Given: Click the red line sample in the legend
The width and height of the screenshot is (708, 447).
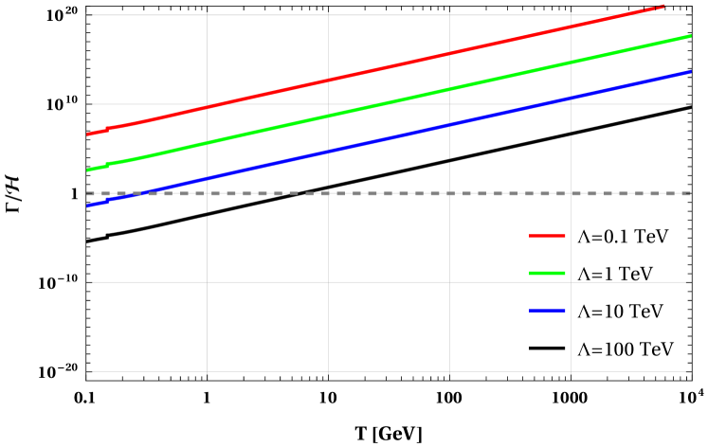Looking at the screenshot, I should point(547,236).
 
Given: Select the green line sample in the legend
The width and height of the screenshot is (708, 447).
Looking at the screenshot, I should point(547,273).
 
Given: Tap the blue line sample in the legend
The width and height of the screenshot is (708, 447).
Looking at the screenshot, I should point(547,310).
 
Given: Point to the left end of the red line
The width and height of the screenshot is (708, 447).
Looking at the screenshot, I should point(87,134).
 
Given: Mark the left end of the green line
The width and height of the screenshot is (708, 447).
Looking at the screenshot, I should point(87,170).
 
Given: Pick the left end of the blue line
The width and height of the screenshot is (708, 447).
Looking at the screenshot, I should point(87,206).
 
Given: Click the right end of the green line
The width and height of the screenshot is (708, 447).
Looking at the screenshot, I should point(691,36).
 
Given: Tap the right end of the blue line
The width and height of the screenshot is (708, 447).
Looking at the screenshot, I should point(691,71).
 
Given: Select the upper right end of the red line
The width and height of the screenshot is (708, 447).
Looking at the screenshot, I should point(664,6).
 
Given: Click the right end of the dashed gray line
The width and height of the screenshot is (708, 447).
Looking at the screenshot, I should point(691,193).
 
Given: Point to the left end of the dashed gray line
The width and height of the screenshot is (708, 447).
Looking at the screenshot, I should point(87,193).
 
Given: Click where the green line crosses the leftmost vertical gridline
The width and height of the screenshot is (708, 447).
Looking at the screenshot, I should point(207,143).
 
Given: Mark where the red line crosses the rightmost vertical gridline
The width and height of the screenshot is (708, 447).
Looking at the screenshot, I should point(571,27).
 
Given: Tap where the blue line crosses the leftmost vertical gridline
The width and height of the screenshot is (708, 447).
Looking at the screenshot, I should point(207,178).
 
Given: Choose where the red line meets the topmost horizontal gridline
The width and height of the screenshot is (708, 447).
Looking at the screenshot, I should point(622,15).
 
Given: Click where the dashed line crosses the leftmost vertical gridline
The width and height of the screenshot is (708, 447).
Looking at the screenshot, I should point(207,193).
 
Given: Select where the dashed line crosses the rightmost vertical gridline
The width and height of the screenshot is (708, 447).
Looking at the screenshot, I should point(571,193).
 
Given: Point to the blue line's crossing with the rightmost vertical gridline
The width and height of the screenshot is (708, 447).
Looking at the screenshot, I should point(571,98).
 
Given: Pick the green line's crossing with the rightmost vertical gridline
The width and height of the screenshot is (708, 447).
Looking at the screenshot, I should point(571,63).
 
